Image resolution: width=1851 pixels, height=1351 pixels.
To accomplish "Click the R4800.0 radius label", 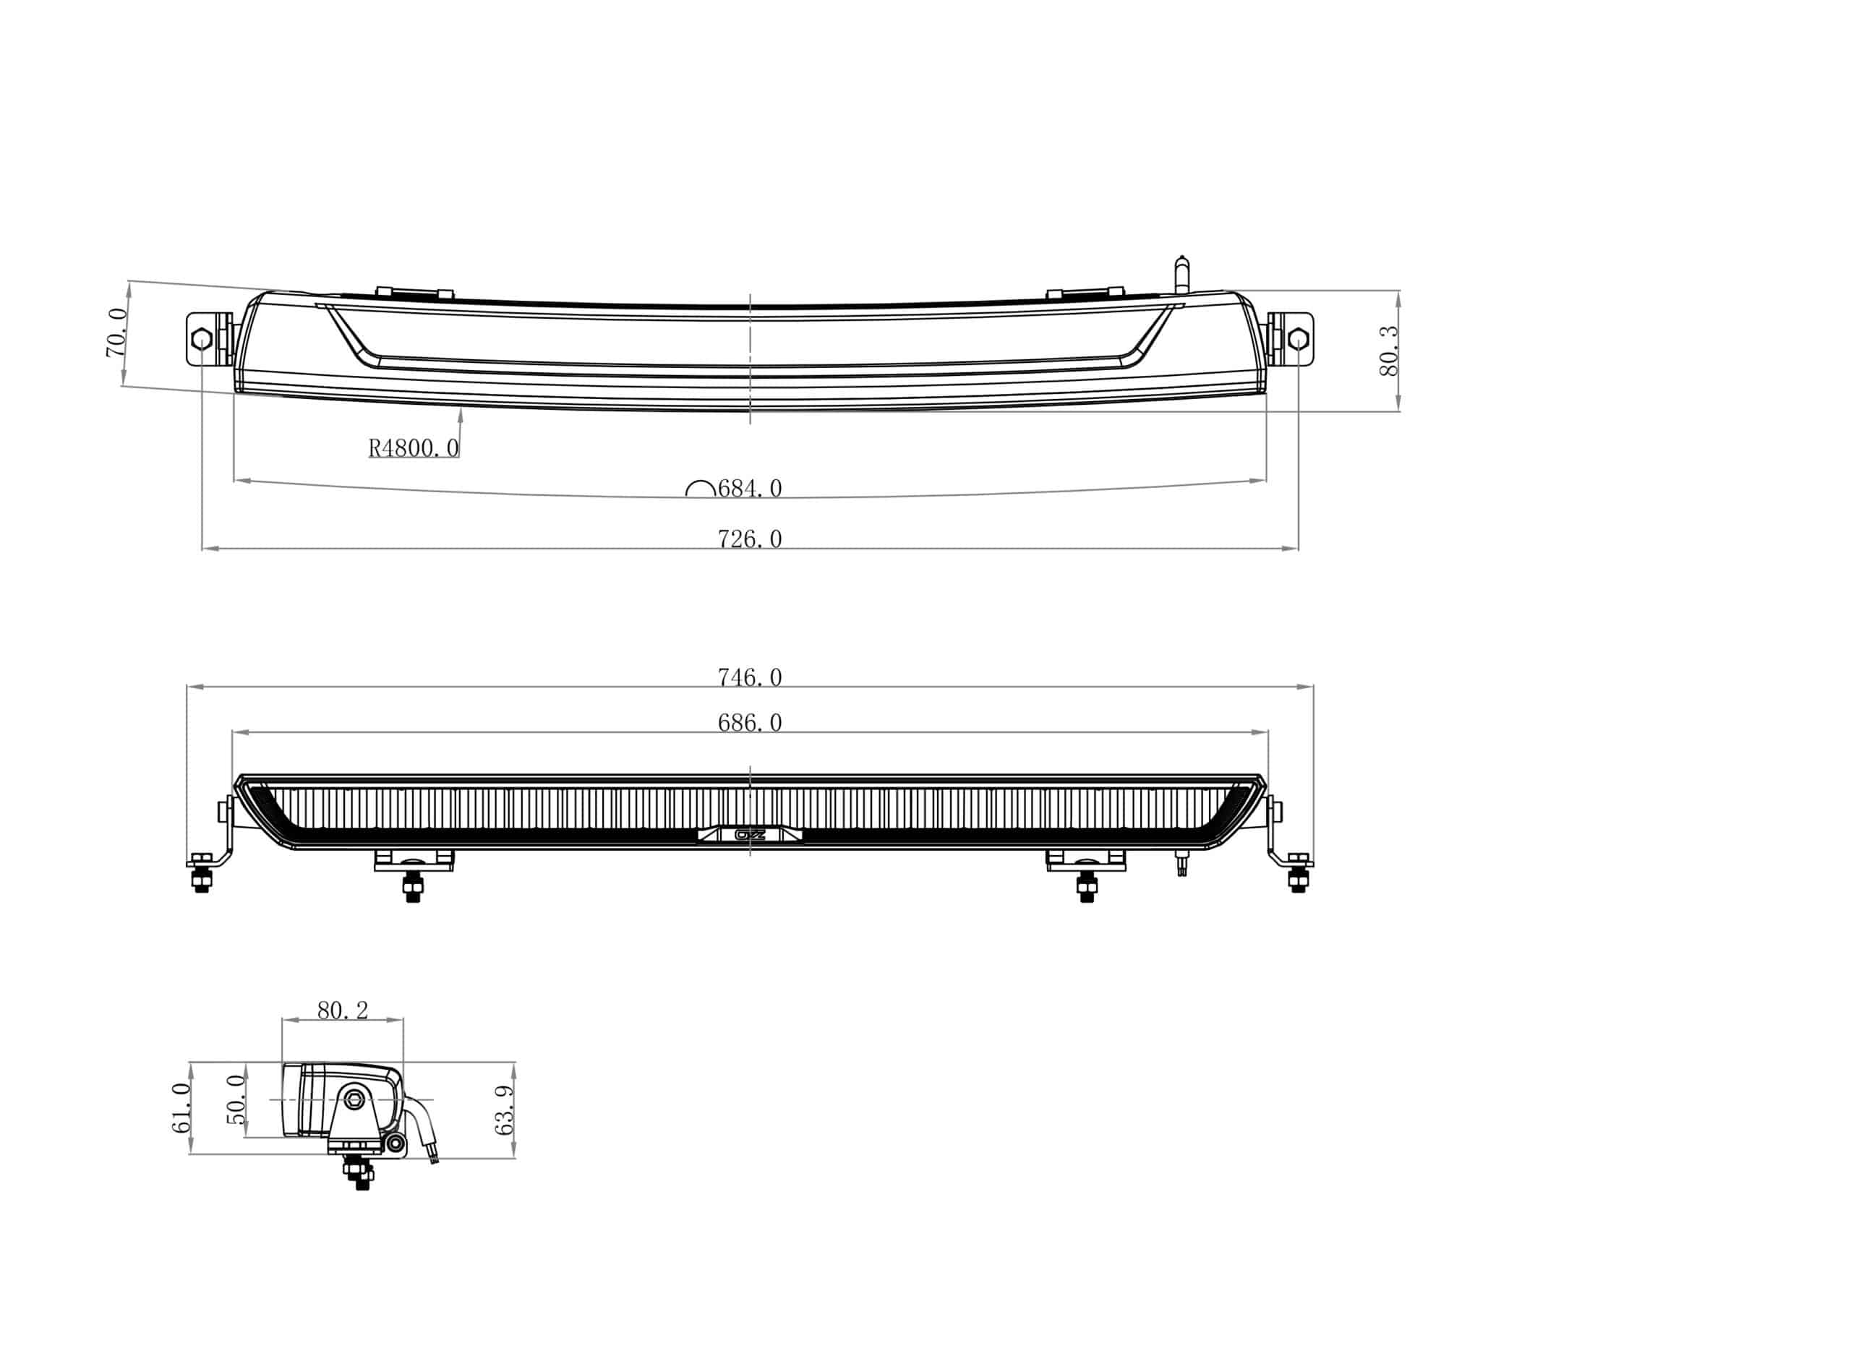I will pyautogui.click(x=413, y=447).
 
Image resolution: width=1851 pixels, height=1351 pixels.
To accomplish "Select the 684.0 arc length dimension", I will pyautogui.click(x=749, y=488).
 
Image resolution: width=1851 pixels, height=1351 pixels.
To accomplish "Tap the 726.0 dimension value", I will pyautogui.click(x=749, y=539).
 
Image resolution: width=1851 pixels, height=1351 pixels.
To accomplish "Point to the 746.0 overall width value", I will pyautogui.click(x=749, y=677).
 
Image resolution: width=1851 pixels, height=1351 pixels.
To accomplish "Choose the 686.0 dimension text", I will pyautogui.click(x=749, y=723).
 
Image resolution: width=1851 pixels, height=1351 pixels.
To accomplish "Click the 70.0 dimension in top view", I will pyautogui.click(x=117, y=333).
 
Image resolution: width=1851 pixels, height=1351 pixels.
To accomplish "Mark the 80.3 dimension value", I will pyautogui.click(x=1388, y=351).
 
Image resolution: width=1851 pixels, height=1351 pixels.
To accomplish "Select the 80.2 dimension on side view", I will pyautogui.click(x=342, y=1011).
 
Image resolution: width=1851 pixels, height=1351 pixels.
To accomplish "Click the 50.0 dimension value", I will pyautogui.click(x=236, y=1099).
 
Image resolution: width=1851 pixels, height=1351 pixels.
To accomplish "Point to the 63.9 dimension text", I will pyautogui.click(x=505, y=1110).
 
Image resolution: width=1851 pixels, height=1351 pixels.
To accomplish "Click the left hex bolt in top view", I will pyautogui.click(x=200, y=340).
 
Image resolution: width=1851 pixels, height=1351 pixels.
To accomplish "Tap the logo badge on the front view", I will pyautogui.click(x=749, y=835).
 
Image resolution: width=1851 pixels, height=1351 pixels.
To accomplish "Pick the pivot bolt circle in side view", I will pyautogui.click(x=355, y=1098).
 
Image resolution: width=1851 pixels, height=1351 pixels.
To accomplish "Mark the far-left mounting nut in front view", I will pyautogui.click(x=200, y=880).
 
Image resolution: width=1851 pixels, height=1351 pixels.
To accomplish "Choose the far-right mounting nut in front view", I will pyautogui.click(x=1297, y=880).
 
